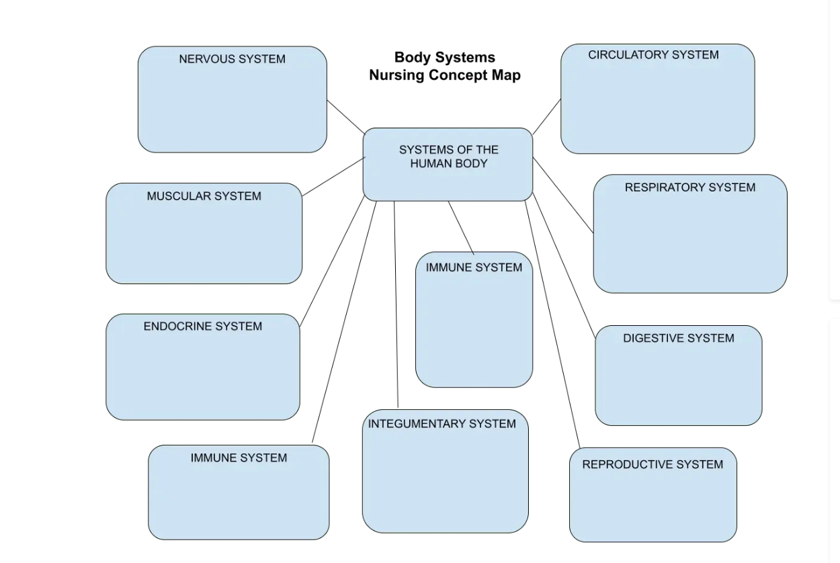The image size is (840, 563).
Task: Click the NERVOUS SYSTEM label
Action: click(232, 59)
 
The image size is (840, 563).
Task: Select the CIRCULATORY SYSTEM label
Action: click(653, 55)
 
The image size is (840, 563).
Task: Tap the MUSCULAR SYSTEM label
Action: click(204, 196)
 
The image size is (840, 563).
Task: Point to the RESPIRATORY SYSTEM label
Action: click(689, 187)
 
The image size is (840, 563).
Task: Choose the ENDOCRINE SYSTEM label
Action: click(202, 327)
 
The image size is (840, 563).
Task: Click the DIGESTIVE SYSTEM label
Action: click(678, 338)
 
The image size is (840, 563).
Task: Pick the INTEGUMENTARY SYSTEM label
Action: click(442, 424)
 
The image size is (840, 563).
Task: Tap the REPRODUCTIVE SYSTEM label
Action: click(653, 464)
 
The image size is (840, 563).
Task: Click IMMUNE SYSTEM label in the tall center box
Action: click(474, 267)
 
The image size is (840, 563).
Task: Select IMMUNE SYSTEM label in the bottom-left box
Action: click(239, 458)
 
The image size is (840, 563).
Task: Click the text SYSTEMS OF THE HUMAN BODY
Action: click(448, 157)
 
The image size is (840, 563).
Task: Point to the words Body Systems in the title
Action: click(444, 58)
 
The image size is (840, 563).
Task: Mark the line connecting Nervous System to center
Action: click(345, 117)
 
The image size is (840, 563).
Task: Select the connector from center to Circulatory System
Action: click(547, 116)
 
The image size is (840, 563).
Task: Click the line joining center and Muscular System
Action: click(334, 177)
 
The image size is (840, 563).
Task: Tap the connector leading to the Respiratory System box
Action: click(563, 195)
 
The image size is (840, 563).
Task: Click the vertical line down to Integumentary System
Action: click(396, 302)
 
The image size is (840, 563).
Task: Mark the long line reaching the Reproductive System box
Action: click(551, 322)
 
